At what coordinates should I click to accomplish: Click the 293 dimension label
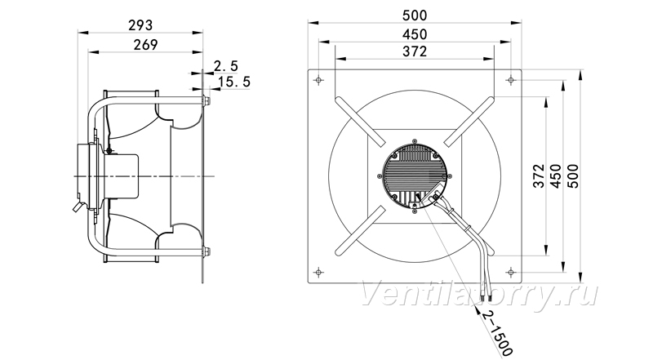(140, 25)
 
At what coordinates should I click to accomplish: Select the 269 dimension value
(146, 45)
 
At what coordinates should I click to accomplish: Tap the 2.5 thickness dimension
(226, 66)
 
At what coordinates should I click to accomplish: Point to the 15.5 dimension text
(234, 82)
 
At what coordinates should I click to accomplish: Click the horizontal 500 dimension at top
(415, 16)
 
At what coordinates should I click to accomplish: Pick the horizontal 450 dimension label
(415, 34)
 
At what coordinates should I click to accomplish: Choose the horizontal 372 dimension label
(415, 51)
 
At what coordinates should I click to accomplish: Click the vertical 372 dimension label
(539, 176)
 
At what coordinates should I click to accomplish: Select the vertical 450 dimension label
(556, 176)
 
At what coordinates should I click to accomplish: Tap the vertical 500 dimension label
(574, 176)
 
